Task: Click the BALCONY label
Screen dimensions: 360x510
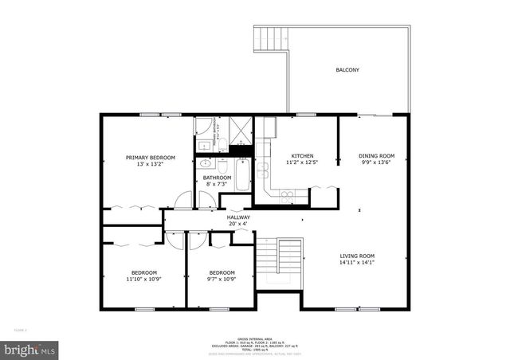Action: [347, 70]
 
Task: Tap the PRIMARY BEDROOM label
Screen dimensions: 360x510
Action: [150, 158]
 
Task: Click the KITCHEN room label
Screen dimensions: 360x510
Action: [302, 155]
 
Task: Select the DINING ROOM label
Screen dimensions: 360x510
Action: [376, 155]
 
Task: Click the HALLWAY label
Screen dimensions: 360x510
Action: [238, 217]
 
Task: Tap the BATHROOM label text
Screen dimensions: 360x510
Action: [217, 178]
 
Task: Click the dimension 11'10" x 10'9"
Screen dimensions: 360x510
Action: [144, 279]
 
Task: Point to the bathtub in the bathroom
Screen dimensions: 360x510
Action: [243, 174]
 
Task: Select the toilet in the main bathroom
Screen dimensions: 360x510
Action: [224, 144]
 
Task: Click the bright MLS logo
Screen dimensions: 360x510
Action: [30, 349]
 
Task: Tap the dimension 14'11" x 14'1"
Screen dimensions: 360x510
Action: [367, 263]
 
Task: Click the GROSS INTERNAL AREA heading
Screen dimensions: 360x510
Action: [254, 338]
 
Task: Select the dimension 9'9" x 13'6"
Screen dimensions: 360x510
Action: [376, 162]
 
